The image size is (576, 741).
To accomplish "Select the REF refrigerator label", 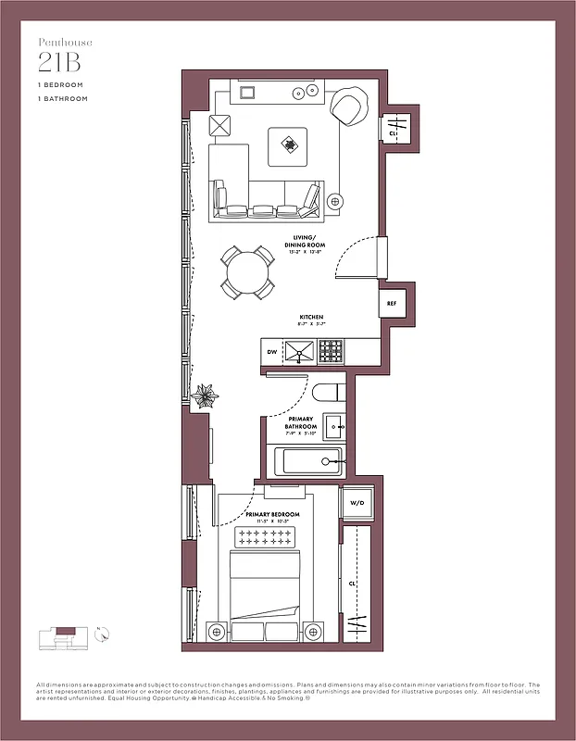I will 391,303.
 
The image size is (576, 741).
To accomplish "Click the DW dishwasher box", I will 272,352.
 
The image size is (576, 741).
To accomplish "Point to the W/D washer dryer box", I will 357,504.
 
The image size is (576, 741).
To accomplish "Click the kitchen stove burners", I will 331,351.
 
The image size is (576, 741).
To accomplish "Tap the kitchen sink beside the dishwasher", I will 299,352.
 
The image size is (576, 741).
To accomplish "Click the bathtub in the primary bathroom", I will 305,460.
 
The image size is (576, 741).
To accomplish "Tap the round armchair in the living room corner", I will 349,107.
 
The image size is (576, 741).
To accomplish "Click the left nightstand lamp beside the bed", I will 217,632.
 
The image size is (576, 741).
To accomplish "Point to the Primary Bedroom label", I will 272,515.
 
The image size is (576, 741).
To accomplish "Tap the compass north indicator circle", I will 104,634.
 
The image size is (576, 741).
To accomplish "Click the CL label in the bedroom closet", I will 353,584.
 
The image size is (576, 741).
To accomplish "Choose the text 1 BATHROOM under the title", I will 63,98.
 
